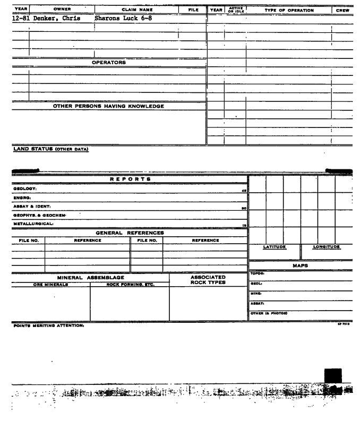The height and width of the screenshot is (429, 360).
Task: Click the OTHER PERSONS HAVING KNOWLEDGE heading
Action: point(108,106)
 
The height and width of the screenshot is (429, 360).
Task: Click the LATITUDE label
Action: point(275,247)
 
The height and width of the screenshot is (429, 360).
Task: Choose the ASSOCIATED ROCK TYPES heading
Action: point(208,280)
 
